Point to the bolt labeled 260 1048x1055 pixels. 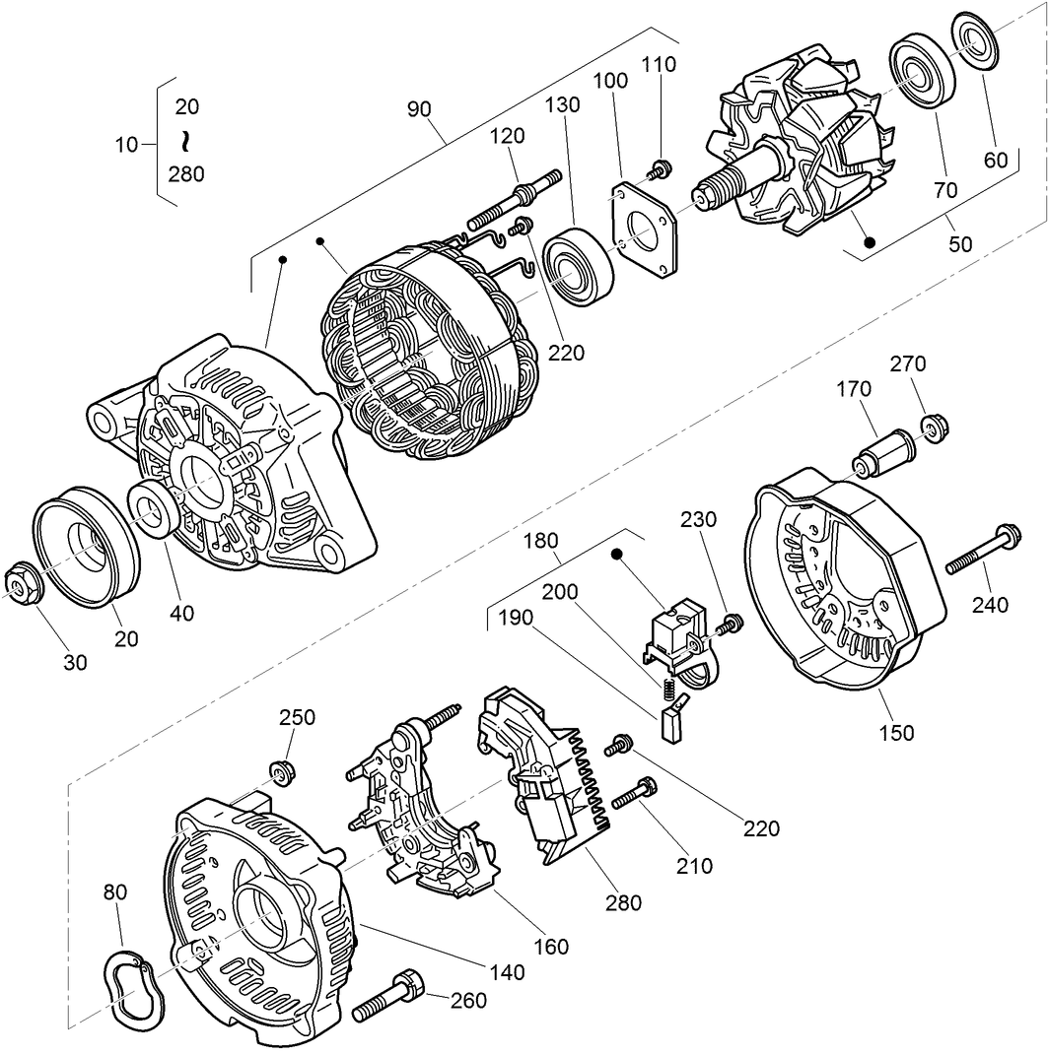[x=389, y=995]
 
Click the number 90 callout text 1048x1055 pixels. [x=421, y=108]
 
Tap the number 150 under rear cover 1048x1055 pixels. [x=896, y=733]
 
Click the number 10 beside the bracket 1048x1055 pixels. [x=125, y=144]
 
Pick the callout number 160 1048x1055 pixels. [x=550, y=947]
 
